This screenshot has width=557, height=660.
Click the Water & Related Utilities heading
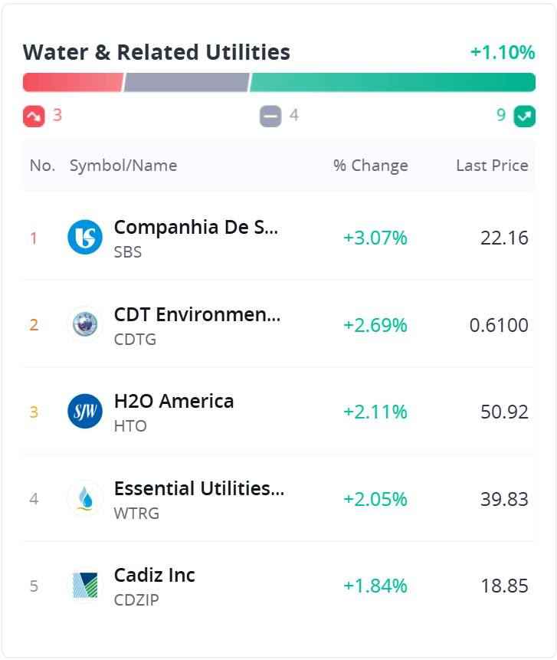(156, 52)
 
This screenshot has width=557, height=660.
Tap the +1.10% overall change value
(502, 52)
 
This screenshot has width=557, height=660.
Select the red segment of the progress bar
(73, 82)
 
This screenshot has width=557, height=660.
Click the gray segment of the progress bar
(186, 82)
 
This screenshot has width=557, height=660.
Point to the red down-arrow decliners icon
(34, 116)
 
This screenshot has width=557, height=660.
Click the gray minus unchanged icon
(270, 116)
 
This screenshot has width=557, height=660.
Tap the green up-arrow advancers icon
(524, 116)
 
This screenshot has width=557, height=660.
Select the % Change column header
(371, 166)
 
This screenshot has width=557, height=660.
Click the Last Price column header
(492, 166)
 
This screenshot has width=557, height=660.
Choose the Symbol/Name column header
(123, 166)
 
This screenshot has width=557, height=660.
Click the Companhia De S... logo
(85, 238)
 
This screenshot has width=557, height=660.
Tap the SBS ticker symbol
(128, 251)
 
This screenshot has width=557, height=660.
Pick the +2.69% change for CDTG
(375, 325)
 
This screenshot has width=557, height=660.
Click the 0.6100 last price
(499, 325)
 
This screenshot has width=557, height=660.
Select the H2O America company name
(174, 401)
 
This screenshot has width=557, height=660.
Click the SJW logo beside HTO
(85, 412)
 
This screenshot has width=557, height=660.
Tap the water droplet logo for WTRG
(85, 499)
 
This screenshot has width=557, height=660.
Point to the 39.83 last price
(504, 499)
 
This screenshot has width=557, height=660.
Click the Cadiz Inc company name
(155, 575)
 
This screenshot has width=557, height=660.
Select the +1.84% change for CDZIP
(375, 586)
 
